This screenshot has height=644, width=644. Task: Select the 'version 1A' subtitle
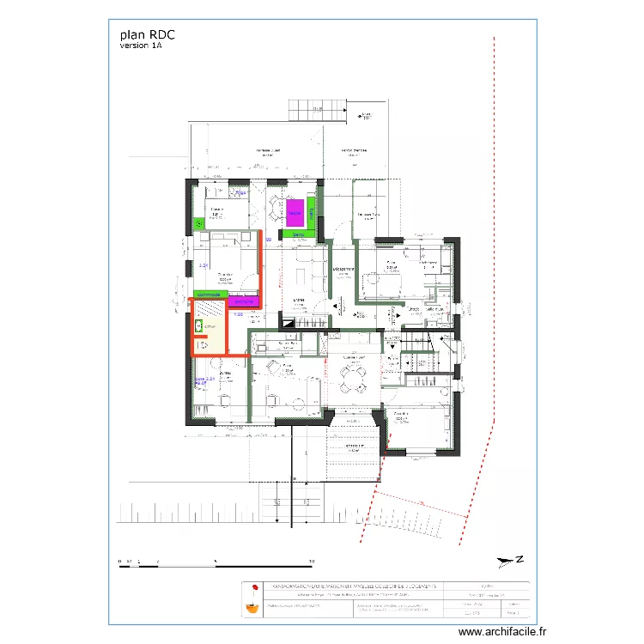point(141,46)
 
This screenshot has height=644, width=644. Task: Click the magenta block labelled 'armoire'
point(244,301)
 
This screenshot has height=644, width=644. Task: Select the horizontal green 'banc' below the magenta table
point(298,234)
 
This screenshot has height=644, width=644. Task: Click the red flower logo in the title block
point(252,588)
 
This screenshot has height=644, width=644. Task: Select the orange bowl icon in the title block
point(252,607)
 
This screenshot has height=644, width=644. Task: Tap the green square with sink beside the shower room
point(200,222)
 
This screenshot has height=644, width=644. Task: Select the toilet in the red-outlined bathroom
point(204,344)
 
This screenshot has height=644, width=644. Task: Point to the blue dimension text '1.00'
point(238,315)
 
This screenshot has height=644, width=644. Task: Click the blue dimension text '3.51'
point(204,266)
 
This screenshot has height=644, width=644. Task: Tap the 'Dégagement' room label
point(345,268)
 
